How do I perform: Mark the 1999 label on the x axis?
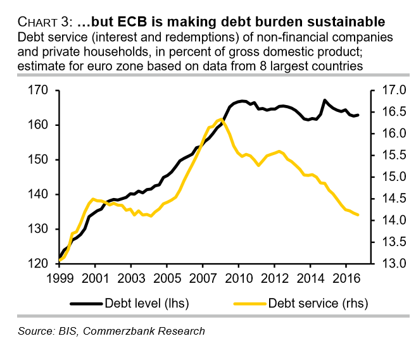(59, 278)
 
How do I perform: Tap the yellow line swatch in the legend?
(250, 303)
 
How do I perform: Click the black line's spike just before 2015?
(324, 100)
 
